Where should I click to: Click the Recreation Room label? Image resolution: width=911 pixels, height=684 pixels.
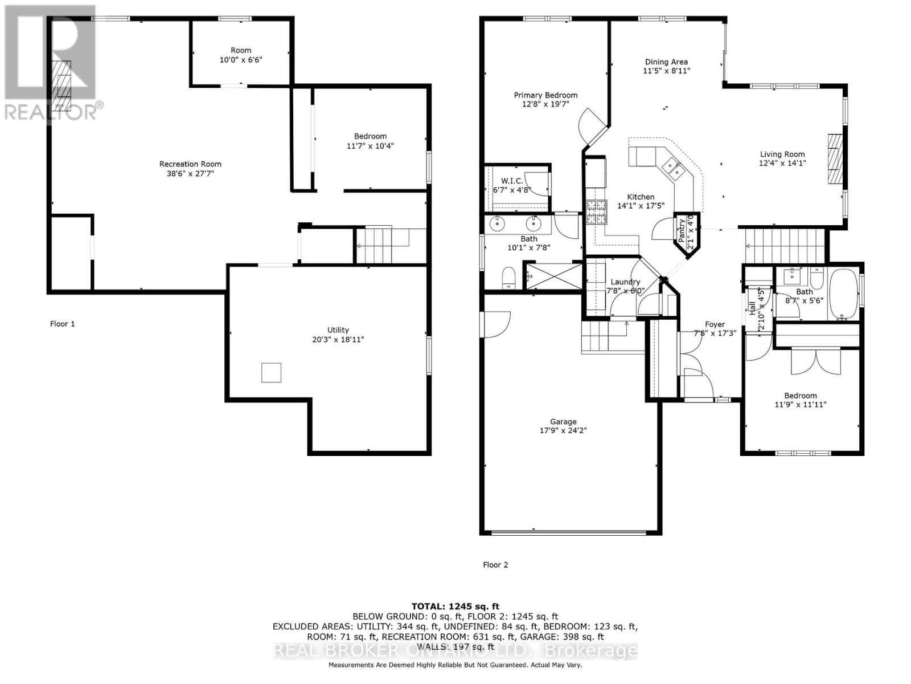[190, 164]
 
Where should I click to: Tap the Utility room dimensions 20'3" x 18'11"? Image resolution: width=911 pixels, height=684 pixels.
[338, 340]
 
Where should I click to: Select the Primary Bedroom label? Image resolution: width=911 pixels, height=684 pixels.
[545, 95]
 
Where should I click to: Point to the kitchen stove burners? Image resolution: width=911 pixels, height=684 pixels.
[597, 211]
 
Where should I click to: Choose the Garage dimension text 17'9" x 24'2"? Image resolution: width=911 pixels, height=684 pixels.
[563, 431]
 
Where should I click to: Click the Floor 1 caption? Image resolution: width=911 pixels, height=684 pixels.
[63, 324]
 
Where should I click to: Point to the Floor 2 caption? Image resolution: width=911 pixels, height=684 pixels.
[495, 565]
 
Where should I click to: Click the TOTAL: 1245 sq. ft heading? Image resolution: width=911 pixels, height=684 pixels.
[455, 606]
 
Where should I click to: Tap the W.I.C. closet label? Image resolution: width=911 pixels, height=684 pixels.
[511, 181]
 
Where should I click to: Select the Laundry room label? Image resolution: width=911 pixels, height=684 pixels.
[625, 282]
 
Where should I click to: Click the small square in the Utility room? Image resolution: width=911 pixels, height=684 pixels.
[271, 372]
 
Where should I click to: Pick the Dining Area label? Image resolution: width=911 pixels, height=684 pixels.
[666, 62]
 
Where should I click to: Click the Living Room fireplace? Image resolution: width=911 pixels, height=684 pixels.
[834, 158]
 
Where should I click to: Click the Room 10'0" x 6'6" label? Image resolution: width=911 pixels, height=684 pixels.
[241, 50]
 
